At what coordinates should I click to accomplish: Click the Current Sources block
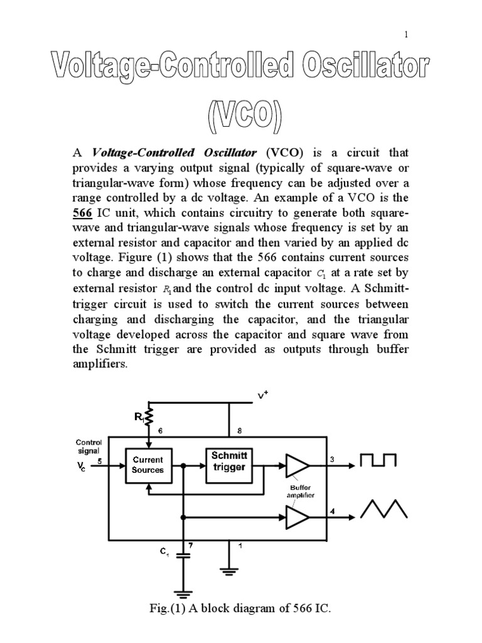click(147, 465)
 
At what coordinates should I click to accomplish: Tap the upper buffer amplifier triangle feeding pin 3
click(297, 465)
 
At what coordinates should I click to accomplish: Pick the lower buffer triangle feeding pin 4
click(297, 517)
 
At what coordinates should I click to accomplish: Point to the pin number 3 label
click(333, 459)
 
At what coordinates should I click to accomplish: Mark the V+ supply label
click(262, 396)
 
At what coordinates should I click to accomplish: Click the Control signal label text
click(88, 446)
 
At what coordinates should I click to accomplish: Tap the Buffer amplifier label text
click(301, 491)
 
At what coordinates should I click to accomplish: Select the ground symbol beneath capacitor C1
click(184, 593)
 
